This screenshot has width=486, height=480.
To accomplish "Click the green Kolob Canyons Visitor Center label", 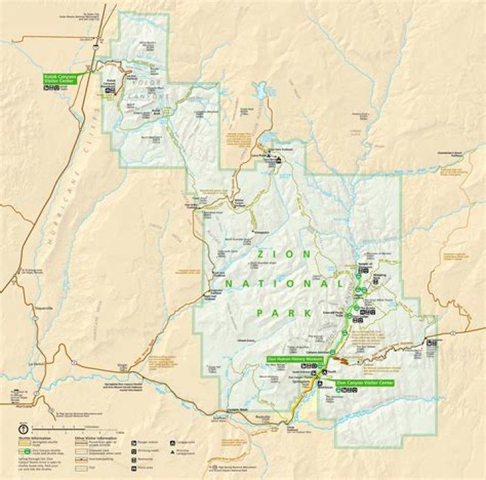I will point(60,78).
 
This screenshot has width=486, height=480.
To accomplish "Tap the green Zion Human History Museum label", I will point(296,359).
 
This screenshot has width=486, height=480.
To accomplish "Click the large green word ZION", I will point(283,255).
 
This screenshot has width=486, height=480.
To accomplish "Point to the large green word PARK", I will point(283,313).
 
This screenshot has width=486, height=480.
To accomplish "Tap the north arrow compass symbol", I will point(22,427).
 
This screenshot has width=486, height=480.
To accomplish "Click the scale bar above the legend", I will point(74,428).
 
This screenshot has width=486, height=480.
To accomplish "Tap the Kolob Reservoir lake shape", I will point(261,90).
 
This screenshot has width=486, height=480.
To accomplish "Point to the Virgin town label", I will point(122,365).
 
